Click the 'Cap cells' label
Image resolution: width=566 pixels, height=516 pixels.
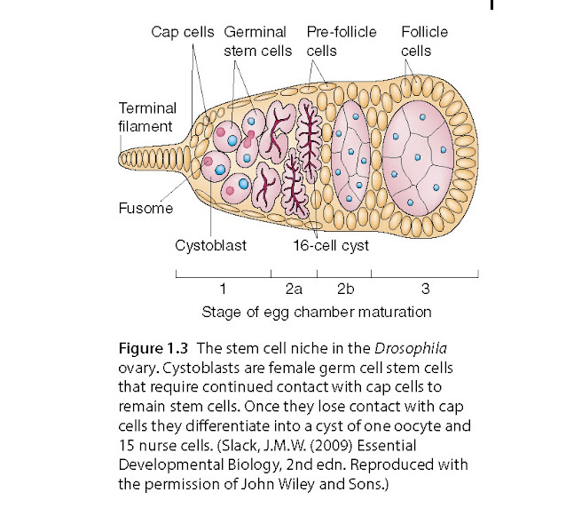182,32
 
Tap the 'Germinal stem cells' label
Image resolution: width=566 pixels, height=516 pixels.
256,41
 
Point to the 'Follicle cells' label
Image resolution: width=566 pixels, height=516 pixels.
424,41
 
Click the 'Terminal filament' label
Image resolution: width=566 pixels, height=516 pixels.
147,116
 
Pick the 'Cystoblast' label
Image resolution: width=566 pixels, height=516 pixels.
210,246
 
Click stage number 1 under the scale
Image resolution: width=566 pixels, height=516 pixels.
223,289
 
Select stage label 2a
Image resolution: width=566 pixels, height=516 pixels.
294,289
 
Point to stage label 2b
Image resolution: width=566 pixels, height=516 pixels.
346,289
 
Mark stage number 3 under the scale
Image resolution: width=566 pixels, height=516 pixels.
425,289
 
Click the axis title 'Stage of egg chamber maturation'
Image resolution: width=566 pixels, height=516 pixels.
317,312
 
